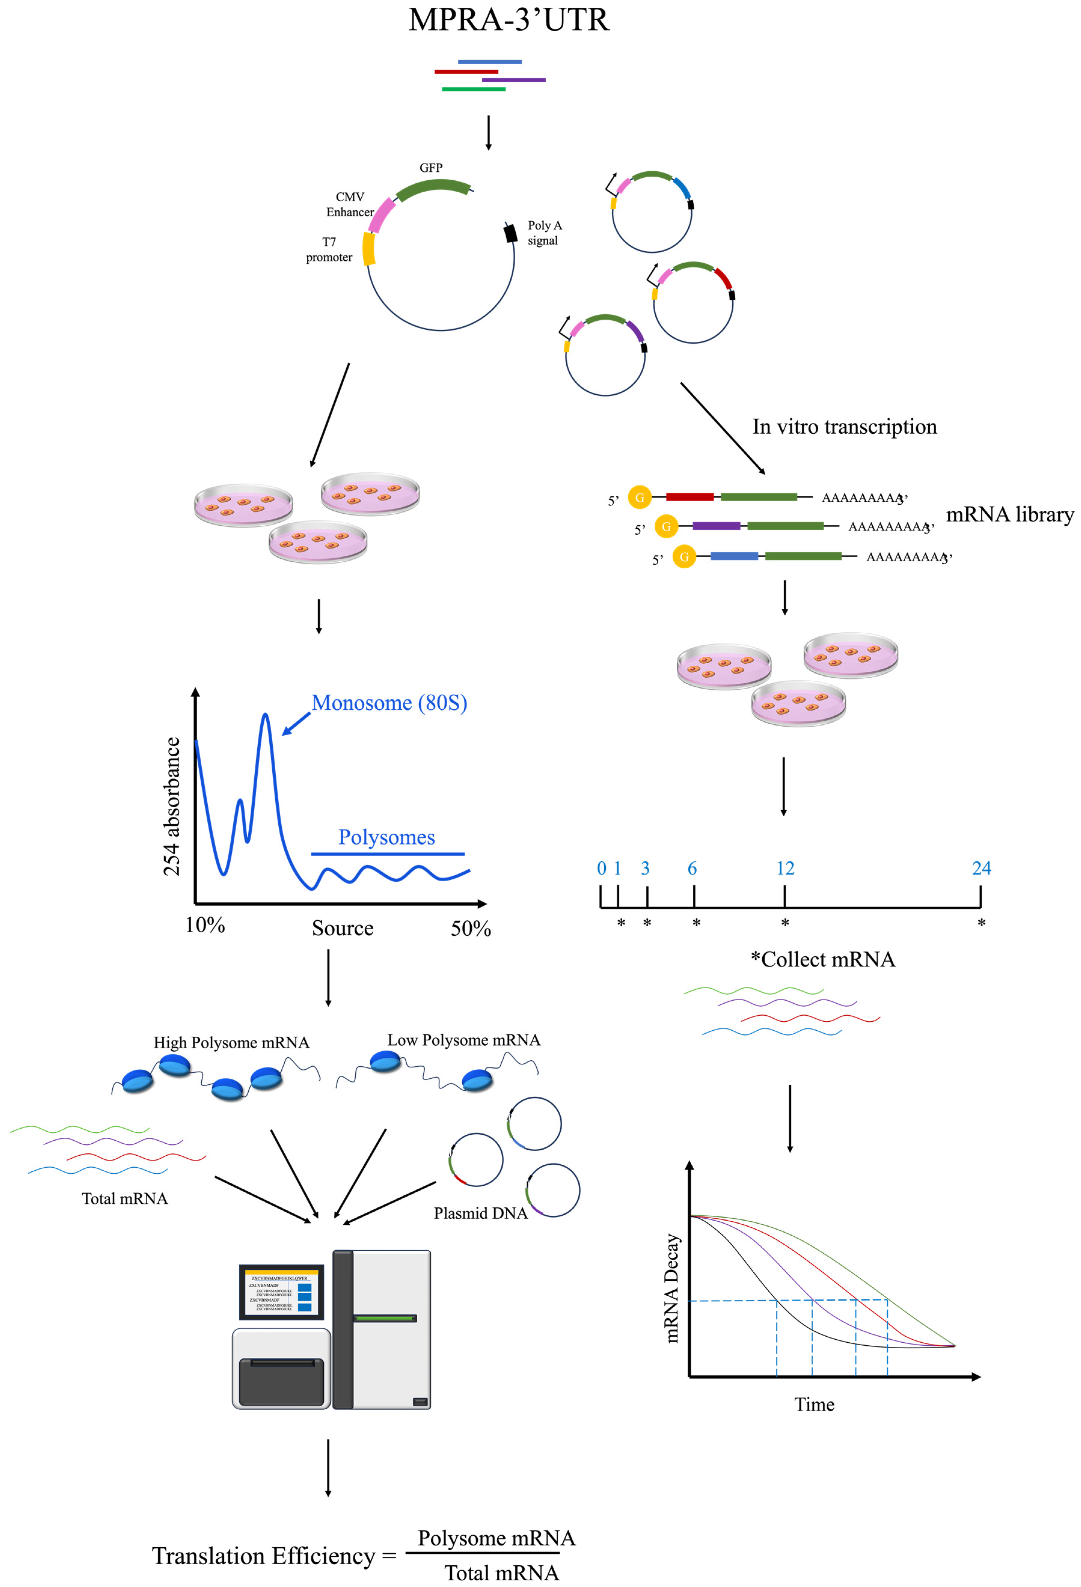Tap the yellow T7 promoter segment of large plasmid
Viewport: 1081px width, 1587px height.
click(x=369, y=249)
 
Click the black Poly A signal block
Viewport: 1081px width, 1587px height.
click(x=510, y=233)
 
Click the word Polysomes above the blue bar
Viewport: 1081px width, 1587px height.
click(x=387, y=837)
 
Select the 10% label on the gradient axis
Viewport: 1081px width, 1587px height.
click(x=205, y=925)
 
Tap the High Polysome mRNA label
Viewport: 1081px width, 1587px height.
click(x=231, y=1043)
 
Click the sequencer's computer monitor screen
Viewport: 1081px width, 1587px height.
click(x=281, y=1292)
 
